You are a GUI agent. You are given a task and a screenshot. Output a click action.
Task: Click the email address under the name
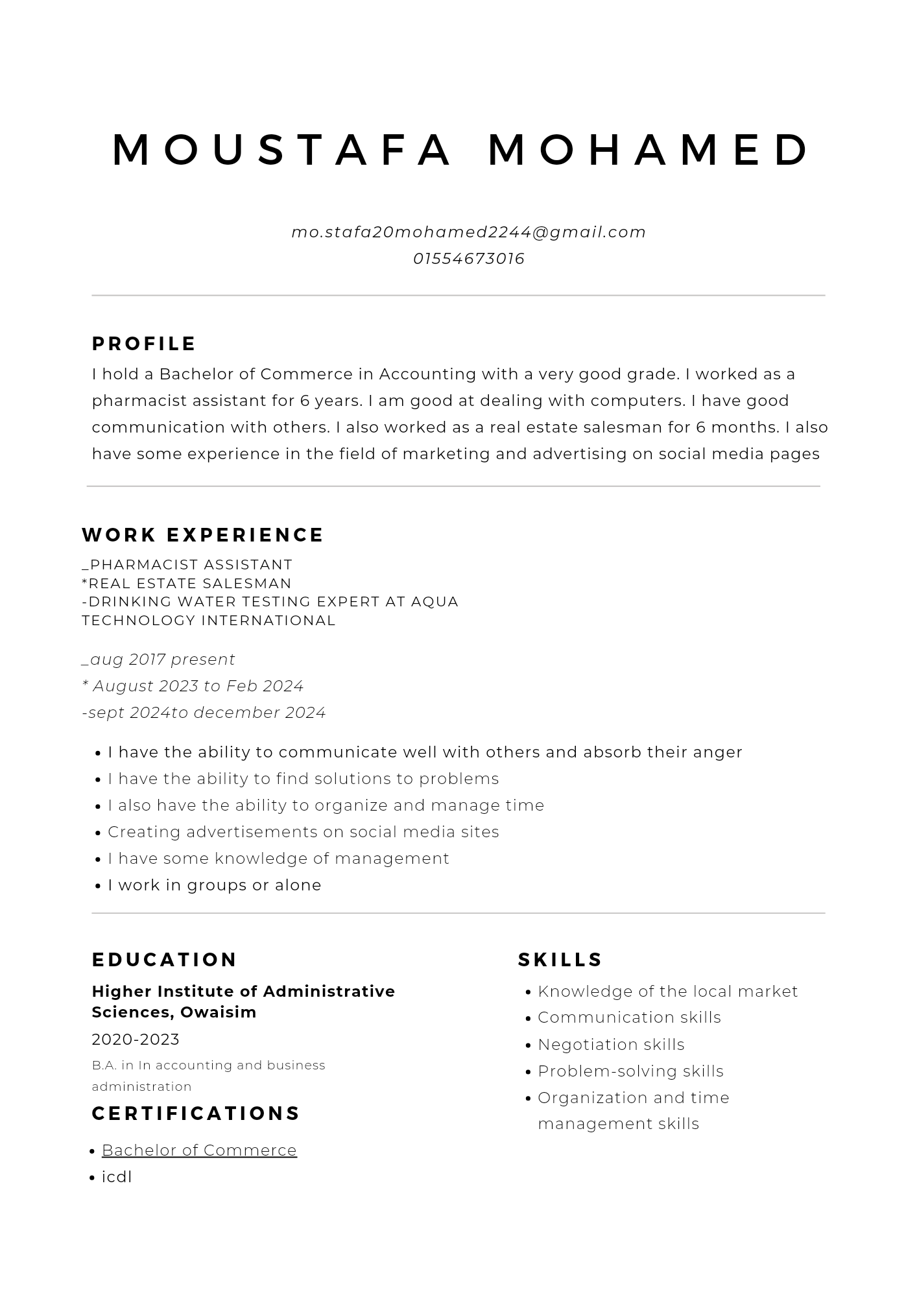click(468, 232)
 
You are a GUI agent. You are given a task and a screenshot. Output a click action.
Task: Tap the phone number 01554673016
click(468, 259)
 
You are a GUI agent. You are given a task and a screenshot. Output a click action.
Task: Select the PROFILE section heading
click(144, 344)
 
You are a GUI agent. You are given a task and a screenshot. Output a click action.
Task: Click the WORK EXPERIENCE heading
click(202, 535)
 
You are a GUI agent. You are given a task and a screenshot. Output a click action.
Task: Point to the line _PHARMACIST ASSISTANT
click(187, 565)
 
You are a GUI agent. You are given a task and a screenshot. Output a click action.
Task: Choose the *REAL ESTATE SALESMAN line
click(187, 584)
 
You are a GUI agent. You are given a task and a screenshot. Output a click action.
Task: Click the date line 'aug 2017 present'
click(159, 660)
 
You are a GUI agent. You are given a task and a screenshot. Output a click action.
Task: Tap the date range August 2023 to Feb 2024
click(193, 686)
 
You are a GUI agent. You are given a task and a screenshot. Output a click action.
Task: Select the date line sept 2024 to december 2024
click(204, 713)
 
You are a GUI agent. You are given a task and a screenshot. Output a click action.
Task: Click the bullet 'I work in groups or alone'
click(215, 885)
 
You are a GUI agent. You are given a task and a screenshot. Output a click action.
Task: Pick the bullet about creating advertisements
click(304, 832)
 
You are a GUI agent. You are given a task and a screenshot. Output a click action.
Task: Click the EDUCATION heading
click(165, 960)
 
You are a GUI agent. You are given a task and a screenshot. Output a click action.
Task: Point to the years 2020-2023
click(136, 1040)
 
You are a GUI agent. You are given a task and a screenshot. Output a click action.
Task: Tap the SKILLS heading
click(560, 960)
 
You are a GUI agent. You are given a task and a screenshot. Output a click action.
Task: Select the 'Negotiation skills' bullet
click(611, 1045)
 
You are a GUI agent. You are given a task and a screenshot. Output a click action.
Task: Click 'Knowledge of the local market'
click(668, 992)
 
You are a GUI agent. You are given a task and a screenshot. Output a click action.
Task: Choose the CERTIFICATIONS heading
click(196, 1113)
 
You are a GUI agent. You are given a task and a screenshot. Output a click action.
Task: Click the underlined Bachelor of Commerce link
click(199, 1150)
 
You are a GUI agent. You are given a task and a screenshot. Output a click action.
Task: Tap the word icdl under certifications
click(117, 1177)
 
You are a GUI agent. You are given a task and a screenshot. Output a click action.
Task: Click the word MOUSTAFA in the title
click(281, 150)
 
